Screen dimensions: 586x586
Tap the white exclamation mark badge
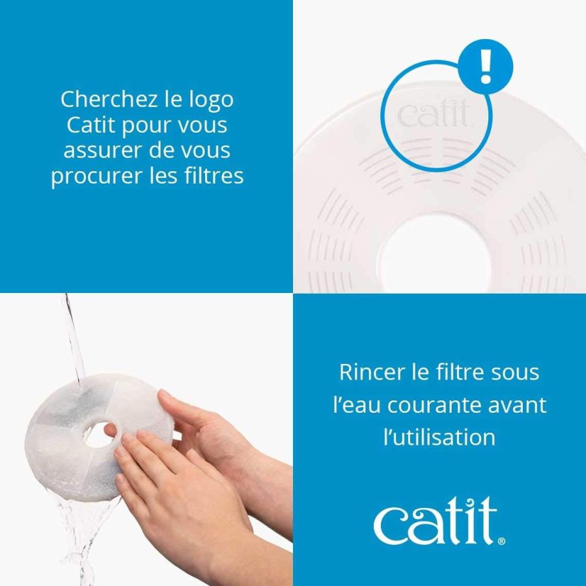(486, 67)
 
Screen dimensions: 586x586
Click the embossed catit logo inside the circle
(432, 116)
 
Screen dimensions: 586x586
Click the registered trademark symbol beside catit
(500, 540)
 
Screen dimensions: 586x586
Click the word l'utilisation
(439, 437)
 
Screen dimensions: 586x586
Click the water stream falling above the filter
(74, 339)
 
